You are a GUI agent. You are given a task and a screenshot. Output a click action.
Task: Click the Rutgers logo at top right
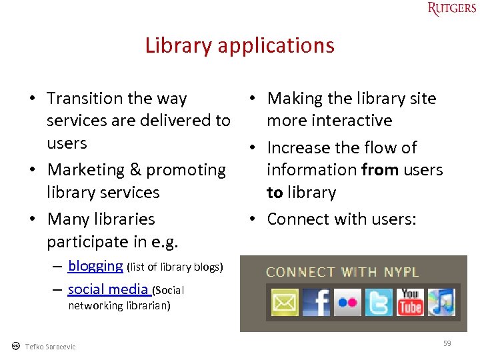pyautogui.click(x=451, y=9)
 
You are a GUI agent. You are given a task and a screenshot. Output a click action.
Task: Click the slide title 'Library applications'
pyautogui.click(x=239, y=45)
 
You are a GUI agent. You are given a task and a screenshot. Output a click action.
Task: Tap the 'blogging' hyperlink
pyautogui.click(x=95, y=266)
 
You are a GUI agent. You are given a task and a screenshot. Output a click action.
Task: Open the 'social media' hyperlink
pyautogui.click(x=109, y=289)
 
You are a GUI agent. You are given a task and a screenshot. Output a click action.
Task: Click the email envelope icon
pyautogui.click(x=285, y=303)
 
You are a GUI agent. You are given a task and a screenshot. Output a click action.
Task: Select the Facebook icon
pyautogui.click(x=316, y=303)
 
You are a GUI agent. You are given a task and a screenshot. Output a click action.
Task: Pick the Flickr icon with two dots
pyautogui.click(x=347, y=303)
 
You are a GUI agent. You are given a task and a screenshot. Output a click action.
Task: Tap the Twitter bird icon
pyautogui.click(x=379, y=303)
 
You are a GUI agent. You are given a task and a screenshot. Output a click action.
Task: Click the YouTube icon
pyautogui.click(x=410, y=303)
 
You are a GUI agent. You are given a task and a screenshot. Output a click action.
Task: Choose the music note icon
pyautogui.click(x=441, y=303)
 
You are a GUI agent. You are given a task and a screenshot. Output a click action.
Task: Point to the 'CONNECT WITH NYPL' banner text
pyautogui.click(x=342, y=272)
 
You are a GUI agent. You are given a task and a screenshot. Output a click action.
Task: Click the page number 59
pyautogui.click(x=447, y=343)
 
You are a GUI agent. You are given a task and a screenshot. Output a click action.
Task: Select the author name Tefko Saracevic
pyautogui.click(x=50, y=347)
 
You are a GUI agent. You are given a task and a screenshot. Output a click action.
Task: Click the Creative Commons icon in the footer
pyautogui.click(x=15, y=346)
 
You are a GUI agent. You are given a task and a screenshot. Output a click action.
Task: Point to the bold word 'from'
pyautogui.click(x=380, y=170)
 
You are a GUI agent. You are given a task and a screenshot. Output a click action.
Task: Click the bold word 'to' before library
pyautogui.click(x=275, y=193)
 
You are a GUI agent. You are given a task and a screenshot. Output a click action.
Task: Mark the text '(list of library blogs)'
pyautogui.click(x=174, y=267)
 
